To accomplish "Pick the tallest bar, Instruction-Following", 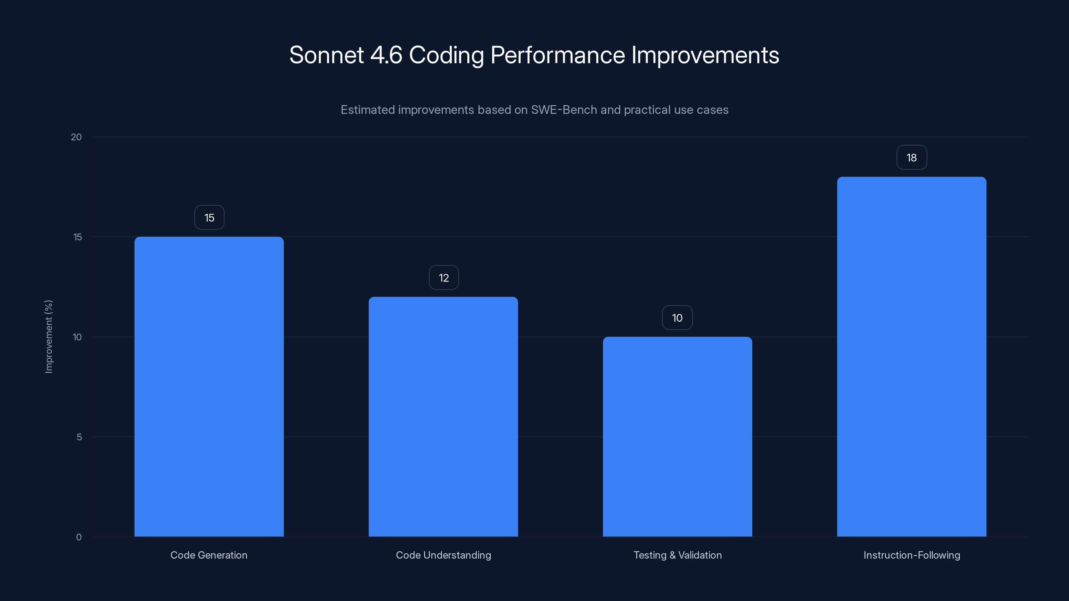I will [x=911, y=357].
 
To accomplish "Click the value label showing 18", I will [x=911, y=158].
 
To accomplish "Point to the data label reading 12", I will [x=444, y=278].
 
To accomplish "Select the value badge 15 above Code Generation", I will [x=209, y=218].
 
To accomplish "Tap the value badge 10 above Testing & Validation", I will [x=677, y=318].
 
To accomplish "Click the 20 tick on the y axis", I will [x=77, y=137].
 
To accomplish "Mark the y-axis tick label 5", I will [x=79, y=437].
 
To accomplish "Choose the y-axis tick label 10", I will [x=77, y=337].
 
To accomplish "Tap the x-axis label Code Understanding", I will [x=443, y=555].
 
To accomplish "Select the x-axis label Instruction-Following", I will [x=912, y=555].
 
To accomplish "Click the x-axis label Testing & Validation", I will [x=677, y=555].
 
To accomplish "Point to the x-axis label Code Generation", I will [x=209, y=555].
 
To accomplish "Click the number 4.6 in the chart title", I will [x=386, y=55].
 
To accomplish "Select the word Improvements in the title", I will [x=705, y=55].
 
